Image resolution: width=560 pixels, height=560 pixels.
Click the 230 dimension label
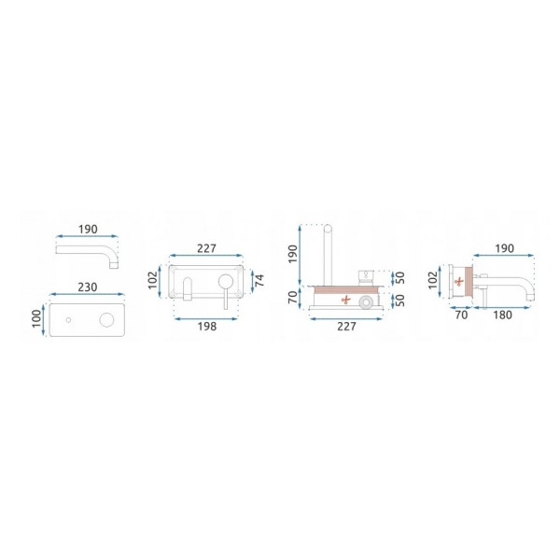(88, 287)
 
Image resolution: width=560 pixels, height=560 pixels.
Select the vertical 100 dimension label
(36, 319)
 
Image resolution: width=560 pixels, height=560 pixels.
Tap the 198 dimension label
(207, 326)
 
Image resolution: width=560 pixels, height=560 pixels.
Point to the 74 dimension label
(260, 280)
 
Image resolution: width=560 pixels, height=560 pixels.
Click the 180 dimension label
(502, 315)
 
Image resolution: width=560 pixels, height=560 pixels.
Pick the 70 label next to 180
(461, 315)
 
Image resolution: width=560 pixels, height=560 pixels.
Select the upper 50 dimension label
(400, 277)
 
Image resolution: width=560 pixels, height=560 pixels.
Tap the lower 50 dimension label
(400, 300)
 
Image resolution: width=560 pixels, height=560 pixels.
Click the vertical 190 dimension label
(293, 254)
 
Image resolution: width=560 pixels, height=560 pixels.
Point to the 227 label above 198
(206, 248)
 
